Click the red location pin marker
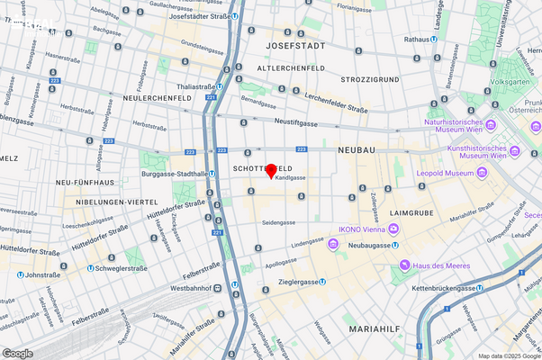271,171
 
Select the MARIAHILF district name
377,329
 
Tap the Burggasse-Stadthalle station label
176,174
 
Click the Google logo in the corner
17,353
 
